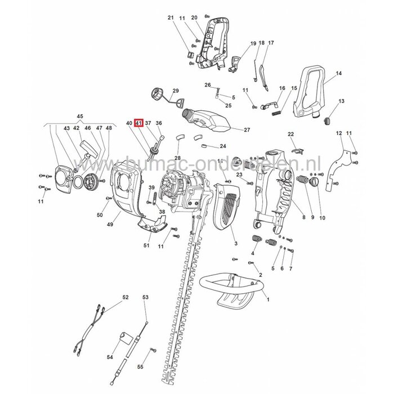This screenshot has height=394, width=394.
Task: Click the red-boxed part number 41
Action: pyautogui.click(x=138, y=123)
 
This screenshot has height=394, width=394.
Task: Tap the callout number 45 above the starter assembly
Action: pyautogui.click(x=79, y=117)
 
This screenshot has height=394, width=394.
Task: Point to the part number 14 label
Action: pyautogui.click(x=339, y=74)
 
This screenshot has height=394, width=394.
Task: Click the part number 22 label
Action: pyautogui.click(x=291, y=134)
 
